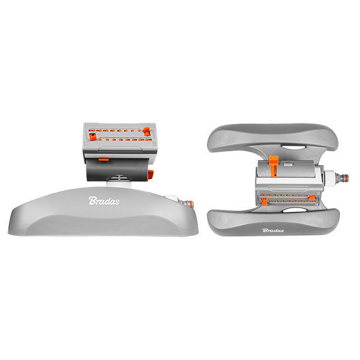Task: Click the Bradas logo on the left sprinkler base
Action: coord(104,200)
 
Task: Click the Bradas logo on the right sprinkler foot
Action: coord(273,230)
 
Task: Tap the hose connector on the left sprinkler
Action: coord(188,203)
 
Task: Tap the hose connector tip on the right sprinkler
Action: coord(341,178)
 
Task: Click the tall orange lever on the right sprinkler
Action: coord(274,166)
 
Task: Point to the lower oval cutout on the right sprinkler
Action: coord(293,210)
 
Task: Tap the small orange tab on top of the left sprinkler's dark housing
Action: coord(104,160)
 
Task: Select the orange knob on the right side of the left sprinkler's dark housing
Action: coord(151,175)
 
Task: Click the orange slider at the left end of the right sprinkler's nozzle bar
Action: coord(264,202)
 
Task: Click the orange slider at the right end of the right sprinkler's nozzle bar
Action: coord(312,199)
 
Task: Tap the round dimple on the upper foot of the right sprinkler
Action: coord(224,139)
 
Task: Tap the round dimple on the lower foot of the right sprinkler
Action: coord(224,218)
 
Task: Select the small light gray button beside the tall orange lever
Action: coord(287,164)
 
